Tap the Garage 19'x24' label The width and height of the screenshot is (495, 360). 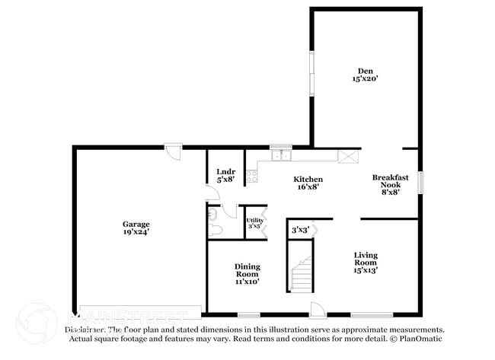[x=136, y=228]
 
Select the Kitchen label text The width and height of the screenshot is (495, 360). [x=308, y=183]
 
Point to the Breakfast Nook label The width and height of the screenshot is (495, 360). [x=390, y=184]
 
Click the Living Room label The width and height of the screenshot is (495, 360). [x=366, y=262]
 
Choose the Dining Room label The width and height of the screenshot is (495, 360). [x=247, y=273]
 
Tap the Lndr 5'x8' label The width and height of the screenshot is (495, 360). [x=225, y=176]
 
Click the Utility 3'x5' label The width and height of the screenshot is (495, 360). [x=254, y=223]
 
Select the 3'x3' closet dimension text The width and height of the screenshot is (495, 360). [x=300, y=229]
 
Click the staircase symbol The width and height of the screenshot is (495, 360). [x=302, y=275]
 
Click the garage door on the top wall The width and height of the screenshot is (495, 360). [x=174, y=151]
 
